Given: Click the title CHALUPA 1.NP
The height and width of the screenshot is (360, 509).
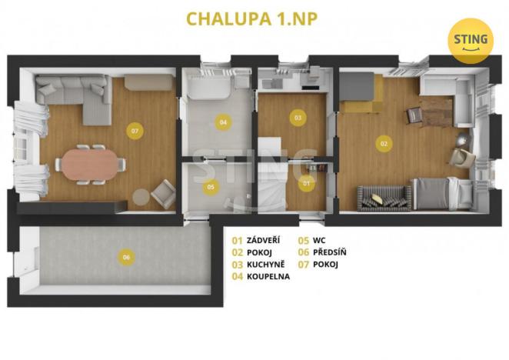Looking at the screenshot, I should pyautogui.click(x=253, y=17).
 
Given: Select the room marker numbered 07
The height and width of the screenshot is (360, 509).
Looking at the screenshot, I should pyautogui.click(x=135, y=132).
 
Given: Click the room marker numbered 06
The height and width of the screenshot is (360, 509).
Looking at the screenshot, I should pyautogui.click(x=126, y=258).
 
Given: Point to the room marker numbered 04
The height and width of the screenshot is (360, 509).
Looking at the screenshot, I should pyautogui.click(x=223, y=122).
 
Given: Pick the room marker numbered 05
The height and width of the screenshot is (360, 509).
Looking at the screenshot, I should pyautogui.click(x=211, y=185).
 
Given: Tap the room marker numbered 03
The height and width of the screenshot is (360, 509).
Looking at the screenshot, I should pyautogui.click(x=297, y=117).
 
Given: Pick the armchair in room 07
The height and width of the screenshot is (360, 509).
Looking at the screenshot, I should pyautogui.click(x=163, y=192).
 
